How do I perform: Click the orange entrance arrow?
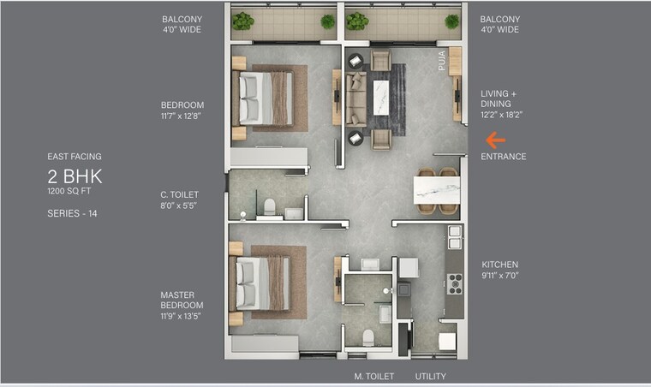click(x=495, y=140)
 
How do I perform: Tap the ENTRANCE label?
click(x=503, y=157)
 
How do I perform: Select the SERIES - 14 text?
click(x=72, y=213)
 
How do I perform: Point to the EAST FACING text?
click(x=75, y=157)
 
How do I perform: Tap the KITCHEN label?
click(x=499, y=265)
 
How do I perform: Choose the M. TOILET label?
click(x=373, y=376)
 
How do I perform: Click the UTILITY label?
click(x=430, y=376)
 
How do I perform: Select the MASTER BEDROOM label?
click(x=182, y=300)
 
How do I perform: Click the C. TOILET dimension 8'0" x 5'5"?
click(x=179, y=205)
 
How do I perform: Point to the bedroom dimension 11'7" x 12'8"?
click(x=182, y=116)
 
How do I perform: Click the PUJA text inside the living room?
click(x=443, y=63)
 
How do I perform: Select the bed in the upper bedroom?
click(x=266, y=98)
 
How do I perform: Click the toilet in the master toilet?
click(x=368, y=336)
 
